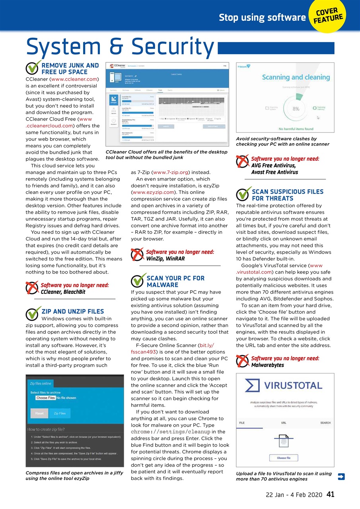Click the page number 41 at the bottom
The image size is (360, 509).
(330, 494)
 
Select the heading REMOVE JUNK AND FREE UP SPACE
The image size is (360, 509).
(70, 68)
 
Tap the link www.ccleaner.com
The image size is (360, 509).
(74, 79)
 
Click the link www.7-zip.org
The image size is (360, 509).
(171, 172)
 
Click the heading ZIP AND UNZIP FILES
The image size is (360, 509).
(72, 311)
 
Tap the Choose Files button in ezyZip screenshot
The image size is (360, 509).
(45, 398)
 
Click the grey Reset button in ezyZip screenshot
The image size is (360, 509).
(39, 414)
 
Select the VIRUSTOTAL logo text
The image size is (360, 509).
(293, 385)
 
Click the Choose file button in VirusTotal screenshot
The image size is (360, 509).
(284, 458)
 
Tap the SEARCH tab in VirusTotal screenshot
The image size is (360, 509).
(325, 423)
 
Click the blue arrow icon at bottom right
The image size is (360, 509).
(341, 476)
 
